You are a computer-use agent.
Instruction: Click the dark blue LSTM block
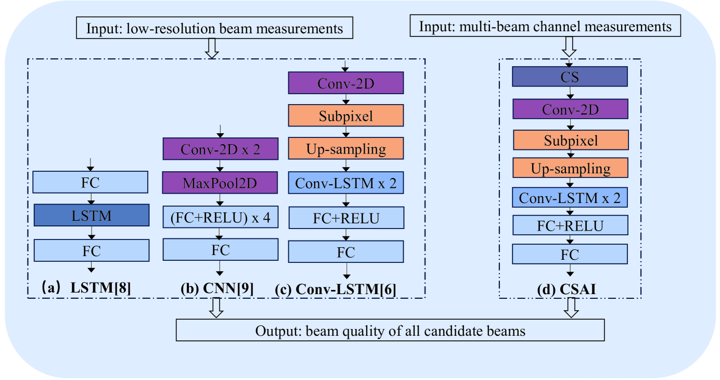click(91, 216)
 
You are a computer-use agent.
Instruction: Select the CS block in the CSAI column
click(570, 77)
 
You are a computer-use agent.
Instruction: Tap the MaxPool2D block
click(221, 184)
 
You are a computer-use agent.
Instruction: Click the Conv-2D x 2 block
click(221, 149)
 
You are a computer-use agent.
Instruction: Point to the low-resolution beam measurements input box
click(215, 28)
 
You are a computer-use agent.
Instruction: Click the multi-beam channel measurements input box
click(546, 26)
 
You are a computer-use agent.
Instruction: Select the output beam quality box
click(391, 331)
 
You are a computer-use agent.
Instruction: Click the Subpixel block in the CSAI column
click(570, 140)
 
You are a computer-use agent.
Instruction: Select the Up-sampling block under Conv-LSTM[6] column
click(346, 149)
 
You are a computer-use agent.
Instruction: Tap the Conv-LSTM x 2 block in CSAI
click(570, 198)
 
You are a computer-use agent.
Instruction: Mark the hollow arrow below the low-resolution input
click(211, 48)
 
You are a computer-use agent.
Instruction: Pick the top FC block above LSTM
click(91, 183)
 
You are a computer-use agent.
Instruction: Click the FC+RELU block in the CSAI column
click(570, 225)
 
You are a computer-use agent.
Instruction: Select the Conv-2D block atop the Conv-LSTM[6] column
click(346, 83)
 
